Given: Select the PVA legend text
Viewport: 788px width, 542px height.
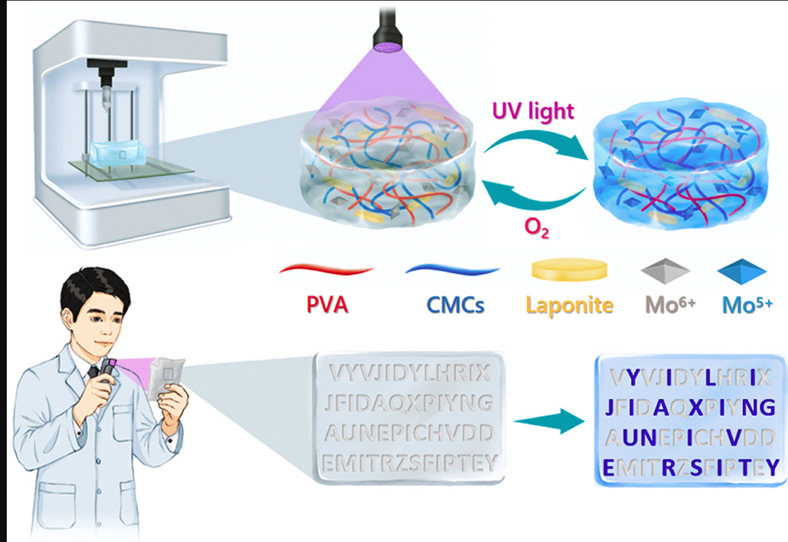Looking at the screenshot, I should pos(327,305).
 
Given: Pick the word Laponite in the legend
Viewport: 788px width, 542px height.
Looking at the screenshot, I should pos(569,305).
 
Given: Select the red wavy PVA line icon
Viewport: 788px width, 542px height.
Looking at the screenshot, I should pos(326,269).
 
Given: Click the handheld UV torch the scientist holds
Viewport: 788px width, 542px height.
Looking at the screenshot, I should pos(110,372).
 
